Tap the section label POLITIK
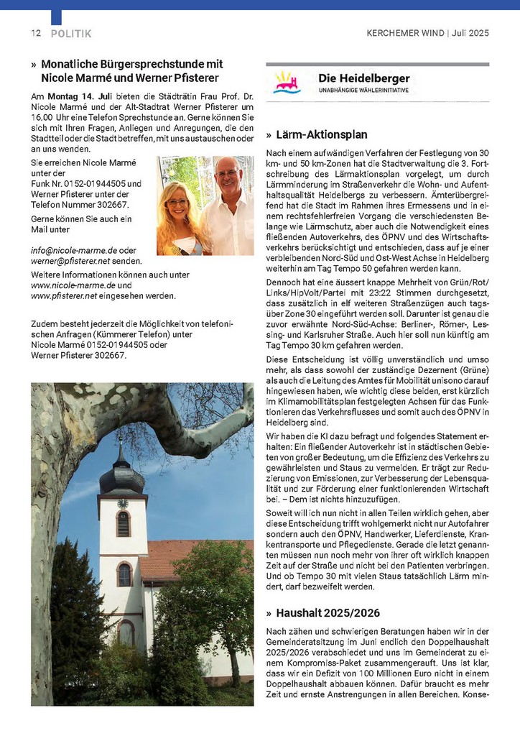(x=71, y=34)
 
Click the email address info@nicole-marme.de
(x=74, y=249)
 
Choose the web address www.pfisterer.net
(x=64, y=295)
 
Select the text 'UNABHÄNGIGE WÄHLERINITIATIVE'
(x=364, y=91)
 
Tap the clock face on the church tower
(x=122, y=504)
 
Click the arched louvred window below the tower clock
(x=123, y=524)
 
